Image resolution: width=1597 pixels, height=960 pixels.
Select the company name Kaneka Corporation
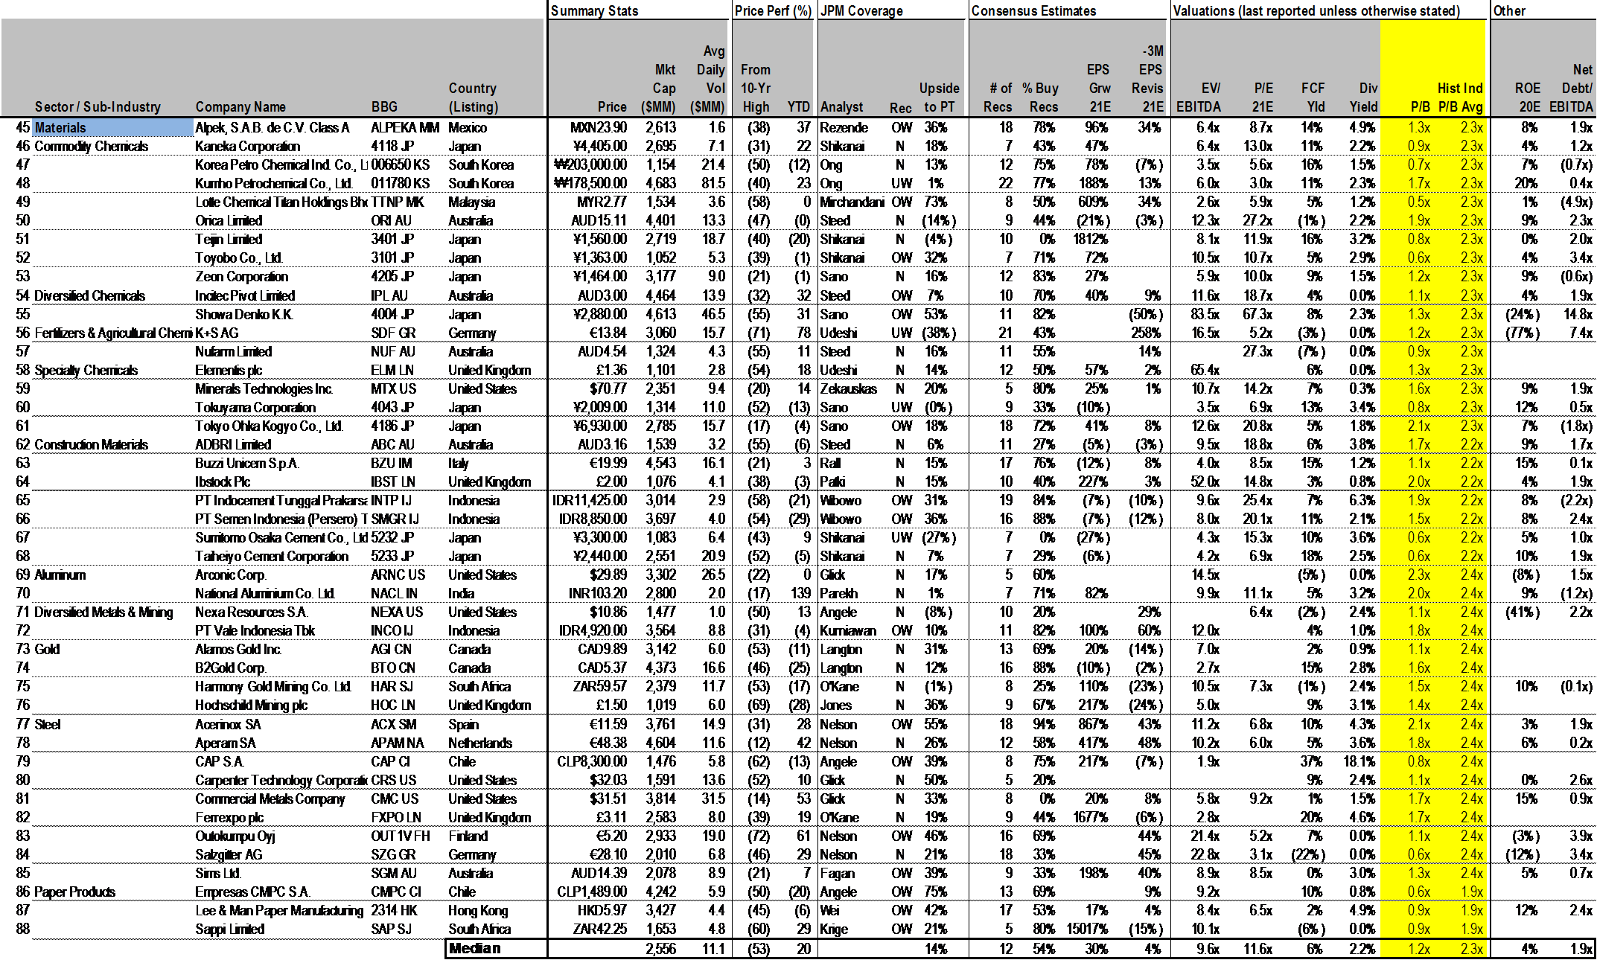(x=247, y=147)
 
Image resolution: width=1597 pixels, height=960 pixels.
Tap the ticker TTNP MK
(x=397, y=202)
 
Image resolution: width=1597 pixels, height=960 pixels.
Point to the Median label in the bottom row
(x=474, y=949)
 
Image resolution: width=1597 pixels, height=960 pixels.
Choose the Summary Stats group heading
(x=594, y=11)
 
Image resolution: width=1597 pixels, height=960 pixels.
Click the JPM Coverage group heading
(x=861, y=11)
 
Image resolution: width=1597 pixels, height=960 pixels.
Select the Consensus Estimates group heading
(x=1033, y=11)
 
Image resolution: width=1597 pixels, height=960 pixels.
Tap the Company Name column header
(x=240, y=107)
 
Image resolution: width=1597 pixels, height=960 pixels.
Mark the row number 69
(x=23, y=575)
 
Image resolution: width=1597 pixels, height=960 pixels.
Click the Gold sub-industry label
(x=47, y=650)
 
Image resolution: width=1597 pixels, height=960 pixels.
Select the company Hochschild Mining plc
(x=251, y=705)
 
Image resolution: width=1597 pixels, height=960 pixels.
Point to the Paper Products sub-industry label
(x=74, y=892)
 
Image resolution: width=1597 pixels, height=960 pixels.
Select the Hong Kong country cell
(x=477, y=911)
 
